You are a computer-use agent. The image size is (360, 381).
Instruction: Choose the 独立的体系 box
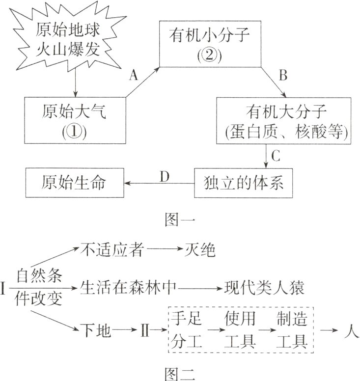point(244,183)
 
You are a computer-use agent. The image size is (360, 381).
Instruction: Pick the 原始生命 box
point(74,183)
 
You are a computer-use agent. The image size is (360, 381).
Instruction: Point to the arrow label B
point(283,75)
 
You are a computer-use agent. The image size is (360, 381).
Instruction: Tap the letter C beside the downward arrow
point(276,157)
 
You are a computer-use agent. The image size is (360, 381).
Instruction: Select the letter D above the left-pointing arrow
point(165,175)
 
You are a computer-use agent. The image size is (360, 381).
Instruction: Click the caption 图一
point(179,219)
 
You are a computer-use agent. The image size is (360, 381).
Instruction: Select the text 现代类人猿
point(265,287)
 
